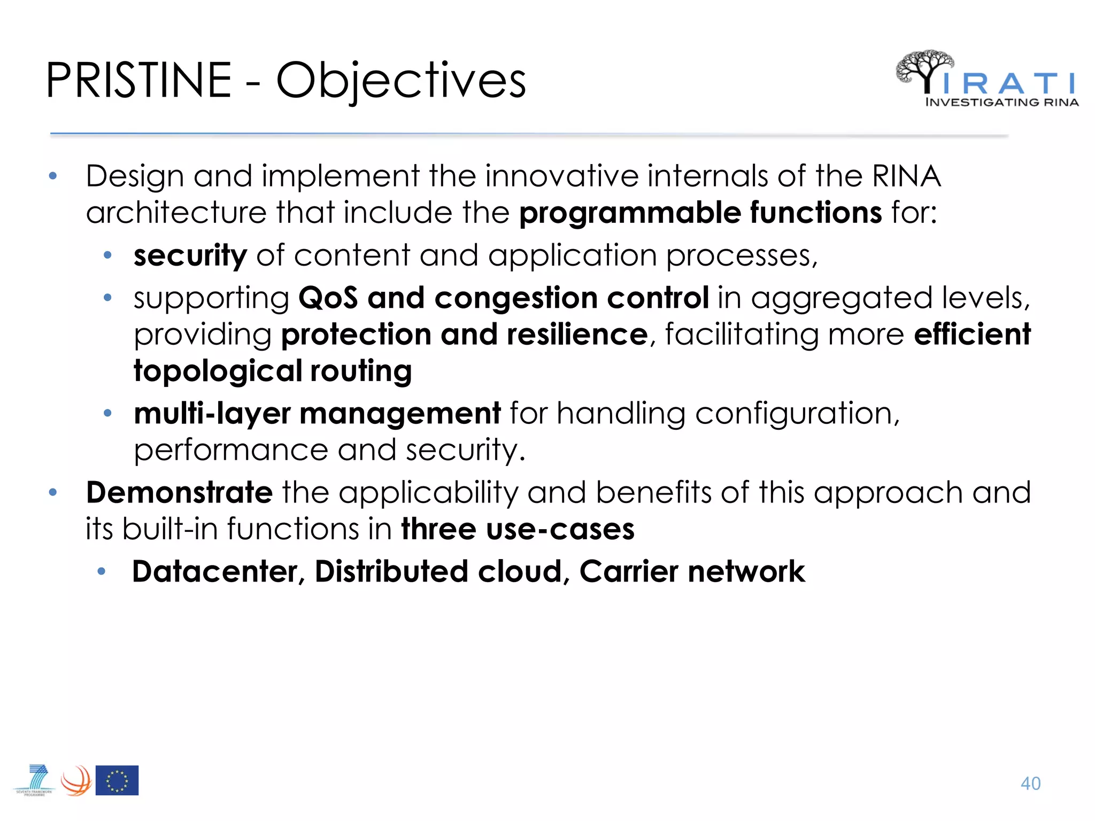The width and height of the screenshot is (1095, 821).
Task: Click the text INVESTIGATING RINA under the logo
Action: click(x=1001, y=102)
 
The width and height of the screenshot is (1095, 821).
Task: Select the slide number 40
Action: click(x=1030, y=784)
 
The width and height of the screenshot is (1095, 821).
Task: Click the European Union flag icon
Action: click(x=117, y=780)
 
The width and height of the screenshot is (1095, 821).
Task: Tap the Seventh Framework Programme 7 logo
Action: click(x=36, y=780)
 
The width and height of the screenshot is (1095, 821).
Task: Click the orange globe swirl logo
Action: click(x=76, y=781)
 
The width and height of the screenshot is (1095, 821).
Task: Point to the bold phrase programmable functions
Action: click(x=700, y=212)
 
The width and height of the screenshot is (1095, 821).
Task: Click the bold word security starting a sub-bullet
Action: click(x=190, y=255)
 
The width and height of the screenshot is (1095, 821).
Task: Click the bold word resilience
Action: click(x=577, y=334)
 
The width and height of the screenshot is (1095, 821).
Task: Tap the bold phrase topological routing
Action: click(x=273, y=370)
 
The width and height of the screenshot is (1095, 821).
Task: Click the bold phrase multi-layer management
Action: click(x=317, y=413)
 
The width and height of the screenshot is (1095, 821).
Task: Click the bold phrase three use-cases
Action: click(x=518, y=529)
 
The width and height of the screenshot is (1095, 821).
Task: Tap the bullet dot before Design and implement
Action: click(x=52, y=176)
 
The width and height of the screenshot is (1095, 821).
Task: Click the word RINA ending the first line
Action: click(x=906, y=176)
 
